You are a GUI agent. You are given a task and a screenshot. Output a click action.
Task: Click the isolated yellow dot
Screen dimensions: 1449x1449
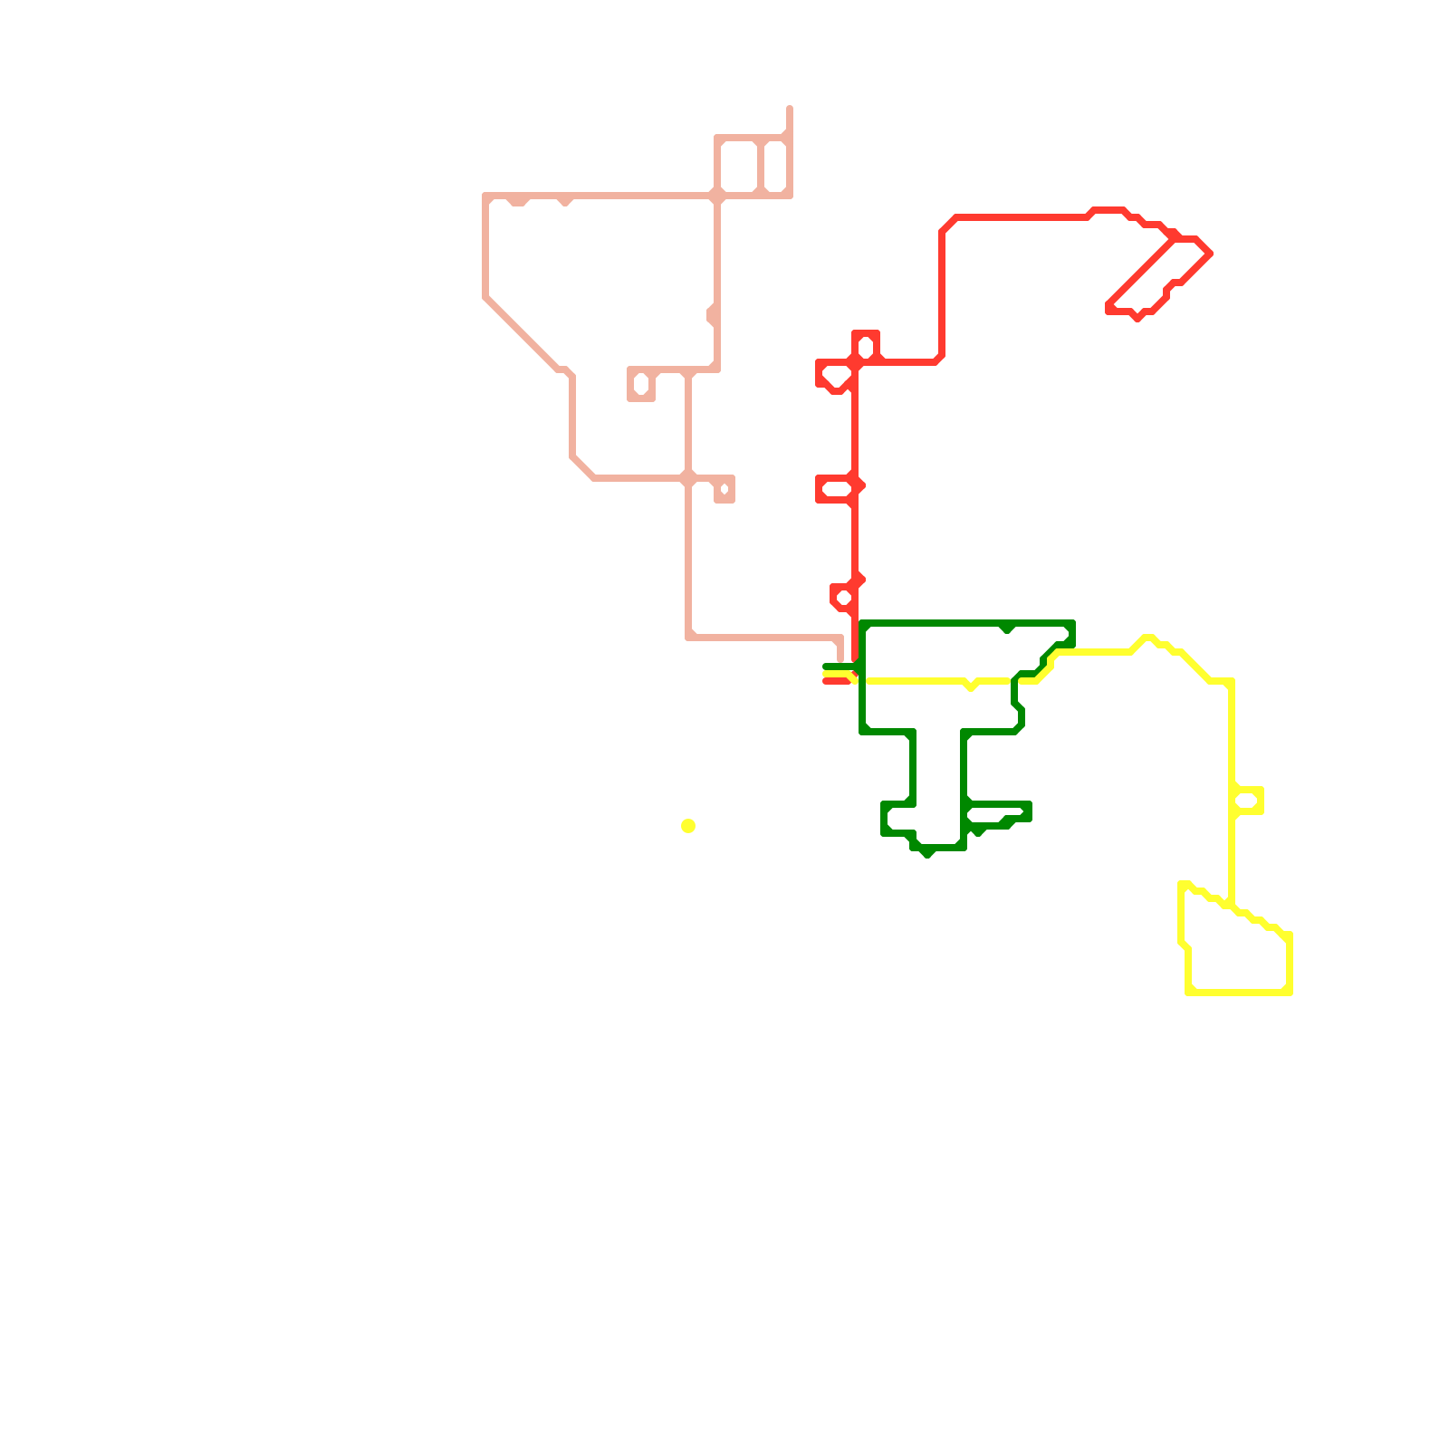click(688, 826)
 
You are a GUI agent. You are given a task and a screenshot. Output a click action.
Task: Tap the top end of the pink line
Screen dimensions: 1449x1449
click(790, 109)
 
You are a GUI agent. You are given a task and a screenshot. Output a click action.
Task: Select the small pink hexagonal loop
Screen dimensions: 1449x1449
click(641, 384)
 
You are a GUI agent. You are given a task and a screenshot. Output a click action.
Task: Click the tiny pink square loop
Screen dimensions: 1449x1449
click(724, 490)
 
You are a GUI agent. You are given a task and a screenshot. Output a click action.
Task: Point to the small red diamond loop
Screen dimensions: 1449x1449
click(843, 598)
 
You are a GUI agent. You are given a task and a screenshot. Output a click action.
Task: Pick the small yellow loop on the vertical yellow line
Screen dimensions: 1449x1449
click(1248, 801)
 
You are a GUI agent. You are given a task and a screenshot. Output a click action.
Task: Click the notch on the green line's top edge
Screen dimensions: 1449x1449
click(1007, 628)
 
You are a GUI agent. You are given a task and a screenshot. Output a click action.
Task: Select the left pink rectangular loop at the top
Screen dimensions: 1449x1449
click(738, 167)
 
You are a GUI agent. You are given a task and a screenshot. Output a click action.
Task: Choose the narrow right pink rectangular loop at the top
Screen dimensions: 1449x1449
click(775, 167)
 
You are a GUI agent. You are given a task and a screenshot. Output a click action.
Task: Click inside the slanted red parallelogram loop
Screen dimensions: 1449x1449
click(1159, 272)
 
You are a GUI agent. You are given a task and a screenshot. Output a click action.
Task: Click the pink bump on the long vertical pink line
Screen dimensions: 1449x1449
click(712, 314)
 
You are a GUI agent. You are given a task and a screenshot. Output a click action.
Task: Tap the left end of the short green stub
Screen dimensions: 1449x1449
click(825, 667)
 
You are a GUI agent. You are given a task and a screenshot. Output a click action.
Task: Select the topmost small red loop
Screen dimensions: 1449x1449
click(866, 347)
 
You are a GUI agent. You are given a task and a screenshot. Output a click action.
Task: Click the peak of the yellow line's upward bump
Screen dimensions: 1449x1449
click(1147, 638)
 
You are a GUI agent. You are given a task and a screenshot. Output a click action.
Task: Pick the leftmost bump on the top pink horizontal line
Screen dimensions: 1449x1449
click(518, 201)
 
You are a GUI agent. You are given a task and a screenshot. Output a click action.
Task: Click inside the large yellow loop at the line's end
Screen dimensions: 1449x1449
click(1236, 951)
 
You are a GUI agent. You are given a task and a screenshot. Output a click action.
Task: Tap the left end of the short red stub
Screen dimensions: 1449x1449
click(825, 681)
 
